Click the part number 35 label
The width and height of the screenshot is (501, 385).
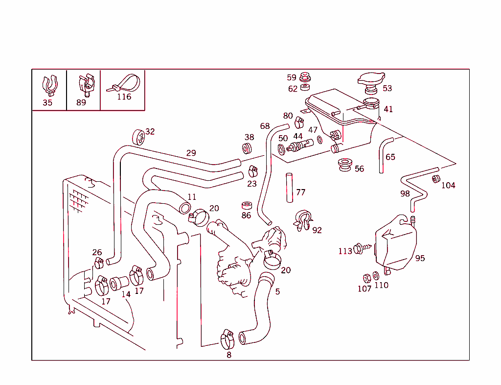click(x=47, y=103)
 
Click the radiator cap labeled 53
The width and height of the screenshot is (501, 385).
click(x=371, y=81)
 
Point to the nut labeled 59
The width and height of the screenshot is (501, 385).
click(x=305, y=77)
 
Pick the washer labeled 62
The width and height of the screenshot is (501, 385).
click(x=305, y=87)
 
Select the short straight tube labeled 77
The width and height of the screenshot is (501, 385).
click(x=290, y=187)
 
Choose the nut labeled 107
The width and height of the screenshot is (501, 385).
click(x=366, y=278)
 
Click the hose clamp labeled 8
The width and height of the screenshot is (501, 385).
click(x=227, y=337)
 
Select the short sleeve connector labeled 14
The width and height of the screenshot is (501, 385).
click(x=119, y=283)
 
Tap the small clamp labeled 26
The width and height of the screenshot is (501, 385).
click(x=99, y=263)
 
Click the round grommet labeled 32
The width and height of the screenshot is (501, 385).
click(x=138, y=137)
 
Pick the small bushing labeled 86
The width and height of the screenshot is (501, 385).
click(x=247, y=204)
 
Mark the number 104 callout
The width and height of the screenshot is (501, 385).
click(x=448, y=186)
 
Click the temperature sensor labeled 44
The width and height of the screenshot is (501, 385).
click(x=300, y=145)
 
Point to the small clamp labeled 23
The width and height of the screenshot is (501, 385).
click(x=252, y=171)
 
